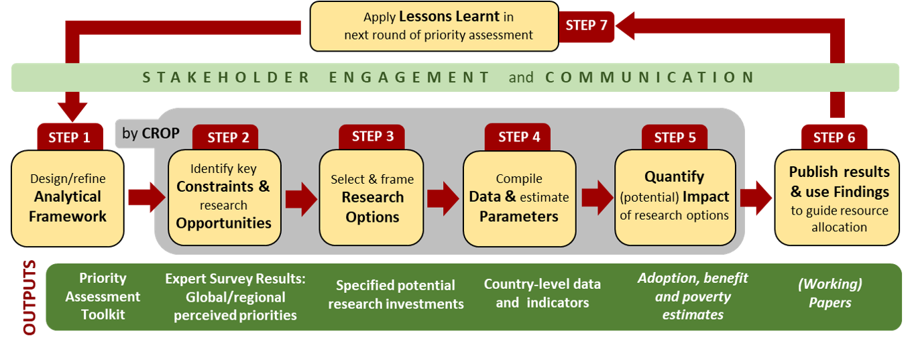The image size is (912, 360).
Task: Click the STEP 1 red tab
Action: (69, 137)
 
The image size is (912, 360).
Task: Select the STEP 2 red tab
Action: (228, 137)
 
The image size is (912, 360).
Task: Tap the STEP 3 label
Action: (373, 136)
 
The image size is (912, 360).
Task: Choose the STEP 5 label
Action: (675, 137)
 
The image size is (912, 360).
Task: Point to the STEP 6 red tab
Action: (834, 137)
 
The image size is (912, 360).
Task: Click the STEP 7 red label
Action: (586, 25)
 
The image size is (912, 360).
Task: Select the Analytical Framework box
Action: (68, 198)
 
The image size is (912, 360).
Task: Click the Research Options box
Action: (372, 198)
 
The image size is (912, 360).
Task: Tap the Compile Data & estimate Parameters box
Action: (519, 198)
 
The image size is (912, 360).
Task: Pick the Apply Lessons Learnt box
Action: (435, 26)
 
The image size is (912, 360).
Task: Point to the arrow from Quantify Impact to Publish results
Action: (756, 197)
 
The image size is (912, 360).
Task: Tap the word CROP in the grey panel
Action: (161, 133)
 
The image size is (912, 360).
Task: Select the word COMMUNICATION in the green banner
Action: (650, 77)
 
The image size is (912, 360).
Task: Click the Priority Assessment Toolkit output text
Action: (103, 296)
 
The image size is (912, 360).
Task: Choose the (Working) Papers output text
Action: (830, 294)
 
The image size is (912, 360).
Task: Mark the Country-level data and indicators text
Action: (543, 294)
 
